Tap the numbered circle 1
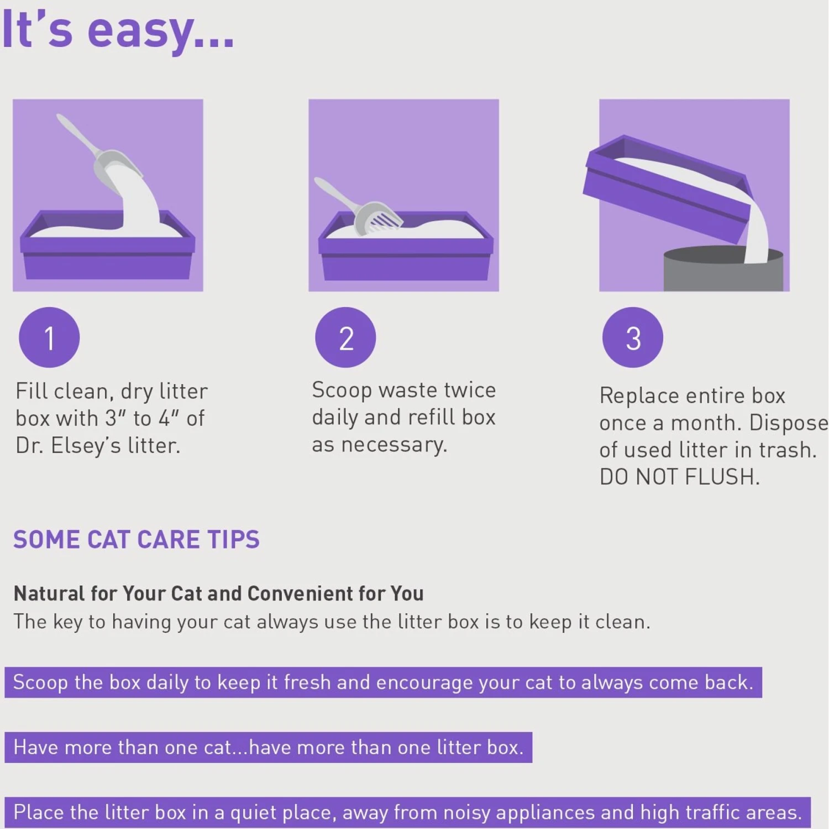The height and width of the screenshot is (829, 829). coord(49,338)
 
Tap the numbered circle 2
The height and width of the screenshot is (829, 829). coord(345,338)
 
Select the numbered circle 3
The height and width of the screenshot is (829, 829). coord(633,338)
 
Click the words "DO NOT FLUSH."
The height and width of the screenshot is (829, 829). coord(680,477)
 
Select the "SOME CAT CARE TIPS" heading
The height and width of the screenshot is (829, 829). coord(137,540)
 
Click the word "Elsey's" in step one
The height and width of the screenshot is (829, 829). coord(86,445)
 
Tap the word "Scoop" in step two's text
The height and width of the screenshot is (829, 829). coord(342,390)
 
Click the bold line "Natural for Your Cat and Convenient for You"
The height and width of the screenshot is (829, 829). coord(219,594)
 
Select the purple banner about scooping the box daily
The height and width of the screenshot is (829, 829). coord(383,683)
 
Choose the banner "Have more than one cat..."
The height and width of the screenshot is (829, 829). coord(268,747)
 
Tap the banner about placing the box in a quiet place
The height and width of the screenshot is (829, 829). coord(407,812)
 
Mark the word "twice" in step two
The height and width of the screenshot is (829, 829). coord(470,390)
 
